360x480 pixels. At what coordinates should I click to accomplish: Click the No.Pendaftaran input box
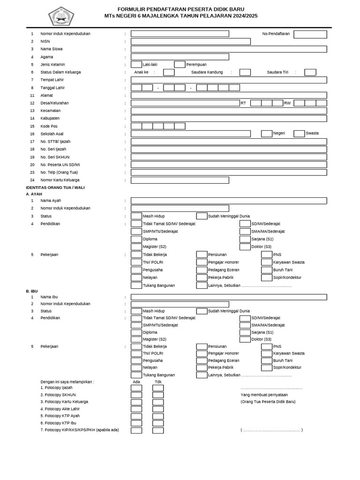point(310,34)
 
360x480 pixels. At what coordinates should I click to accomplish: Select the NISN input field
point(190,42)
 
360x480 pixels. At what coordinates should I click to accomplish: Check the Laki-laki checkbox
point(136,65)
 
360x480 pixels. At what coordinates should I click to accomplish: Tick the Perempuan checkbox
point(180,65)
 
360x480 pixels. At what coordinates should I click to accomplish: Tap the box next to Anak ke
point(169,72)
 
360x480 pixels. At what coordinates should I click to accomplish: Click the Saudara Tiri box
point(310,72)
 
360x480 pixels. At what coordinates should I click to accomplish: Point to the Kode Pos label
point(49,126)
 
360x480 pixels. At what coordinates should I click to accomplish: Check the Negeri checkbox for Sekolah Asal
point(267,134)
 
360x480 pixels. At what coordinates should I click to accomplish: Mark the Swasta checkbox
point(299,134)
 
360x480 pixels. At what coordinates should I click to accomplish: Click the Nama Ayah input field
point(229,201)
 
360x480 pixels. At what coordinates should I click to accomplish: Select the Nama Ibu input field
point(229,297)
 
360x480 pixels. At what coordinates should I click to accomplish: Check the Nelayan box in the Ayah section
point(136,277)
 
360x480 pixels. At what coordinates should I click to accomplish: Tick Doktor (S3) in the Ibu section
point(245,339)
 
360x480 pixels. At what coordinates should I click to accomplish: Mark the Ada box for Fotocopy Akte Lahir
point(136,409)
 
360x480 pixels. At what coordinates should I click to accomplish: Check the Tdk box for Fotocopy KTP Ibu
point(158,423)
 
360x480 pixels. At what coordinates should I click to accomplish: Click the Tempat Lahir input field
point(229,80)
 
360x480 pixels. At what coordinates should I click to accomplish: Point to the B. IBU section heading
point(32,291)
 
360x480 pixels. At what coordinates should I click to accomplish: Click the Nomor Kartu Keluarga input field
point(180,180)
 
